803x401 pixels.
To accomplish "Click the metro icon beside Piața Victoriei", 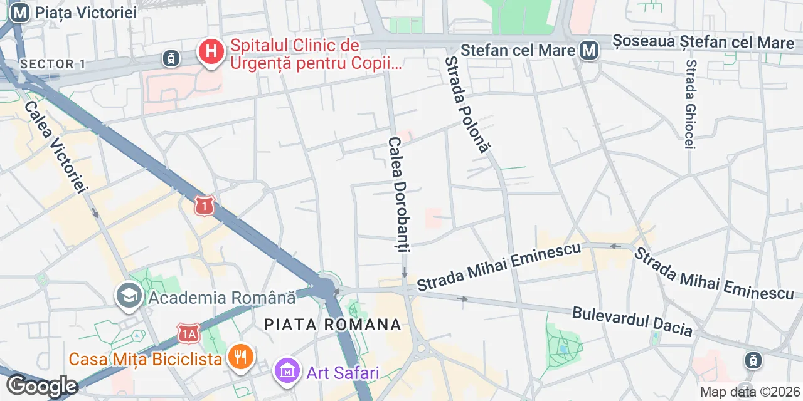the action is (20, 13).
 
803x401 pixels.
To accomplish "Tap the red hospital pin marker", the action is (212, 52).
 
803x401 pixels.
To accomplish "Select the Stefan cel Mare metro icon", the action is (589, 50).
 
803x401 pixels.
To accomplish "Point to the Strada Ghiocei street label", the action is (691, 104).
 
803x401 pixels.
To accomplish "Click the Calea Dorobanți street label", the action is (398, 194).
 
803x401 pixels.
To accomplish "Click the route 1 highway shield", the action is (205, 205).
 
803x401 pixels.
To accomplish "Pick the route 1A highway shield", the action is (188, 333).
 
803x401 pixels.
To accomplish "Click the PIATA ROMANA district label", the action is (332, 325).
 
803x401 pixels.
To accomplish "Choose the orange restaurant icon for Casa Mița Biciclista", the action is (240, 358).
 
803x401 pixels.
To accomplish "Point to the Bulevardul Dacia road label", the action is (632, 321).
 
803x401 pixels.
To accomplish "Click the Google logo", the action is (42, 386).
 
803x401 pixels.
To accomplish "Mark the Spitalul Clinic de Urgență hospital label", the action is (307, 55).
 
